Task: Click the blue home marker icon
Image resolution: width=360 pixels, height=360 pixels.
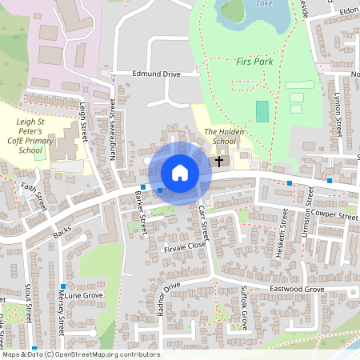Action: (x=180, y=173)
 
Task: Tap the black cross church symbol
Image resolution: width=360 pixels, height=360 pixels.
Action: (x=219, y=161)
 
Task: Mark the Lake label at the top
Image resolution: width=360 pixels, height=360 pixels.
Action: (x=264, y=3)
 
